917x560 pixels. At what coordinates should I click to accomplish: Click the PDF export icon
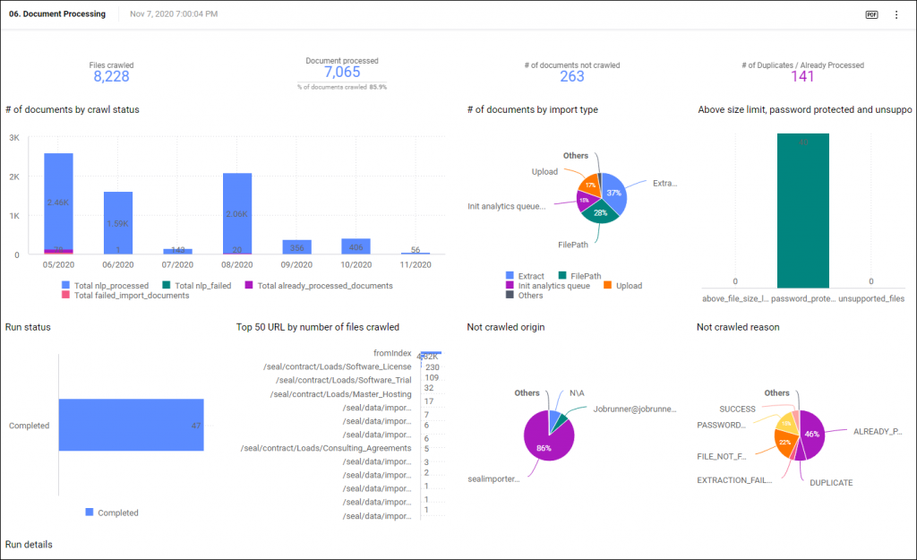(x=871, y=14)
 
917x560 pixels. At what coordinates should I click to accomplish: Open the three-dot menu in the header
(x=896, y=14)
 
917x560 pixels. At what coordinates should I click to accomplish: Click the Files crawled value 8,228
(x=111, y=77)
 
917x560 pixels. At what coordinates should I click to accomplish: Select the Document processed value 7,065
(x=342, y=73)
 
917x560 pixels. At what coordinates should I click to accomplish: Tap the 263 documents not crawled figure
(x=572, y=77)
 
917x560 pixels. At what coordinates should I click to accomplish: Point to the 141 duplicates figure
(x=802, y=77)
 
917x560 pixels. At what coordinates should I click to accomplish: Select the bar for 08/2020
(x=237, y=211)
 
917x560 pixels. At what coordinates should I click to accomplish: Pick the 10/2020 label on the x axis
(x=356, y=265)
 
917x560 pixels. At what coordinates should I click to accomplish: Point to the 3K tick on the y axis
(x=13, y=138)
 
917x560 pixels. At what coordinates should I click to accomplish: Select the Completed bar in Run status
(x=131, y=426)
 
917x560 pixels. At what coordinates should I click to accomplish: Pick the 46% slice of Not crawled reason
(x=811, y=432)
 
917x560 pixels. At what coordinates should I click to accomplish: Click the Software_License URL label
(x=337, y=366)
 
